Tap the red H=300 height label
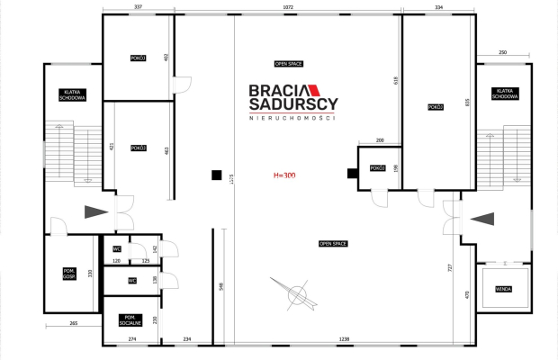point(285,175)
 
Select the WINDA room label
point(504,289)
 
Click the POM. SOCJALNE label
point(130,320)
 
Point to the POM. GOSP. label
point(69,274)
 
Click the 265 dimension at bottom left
point(73,323)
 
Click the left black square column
point(216,175)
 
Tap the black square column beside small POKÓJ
point(352,174)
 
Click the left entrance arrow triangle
point(94,213)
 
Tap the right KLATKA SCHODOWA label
point(505,94)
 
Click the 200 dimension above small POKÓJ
point(379,140)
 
